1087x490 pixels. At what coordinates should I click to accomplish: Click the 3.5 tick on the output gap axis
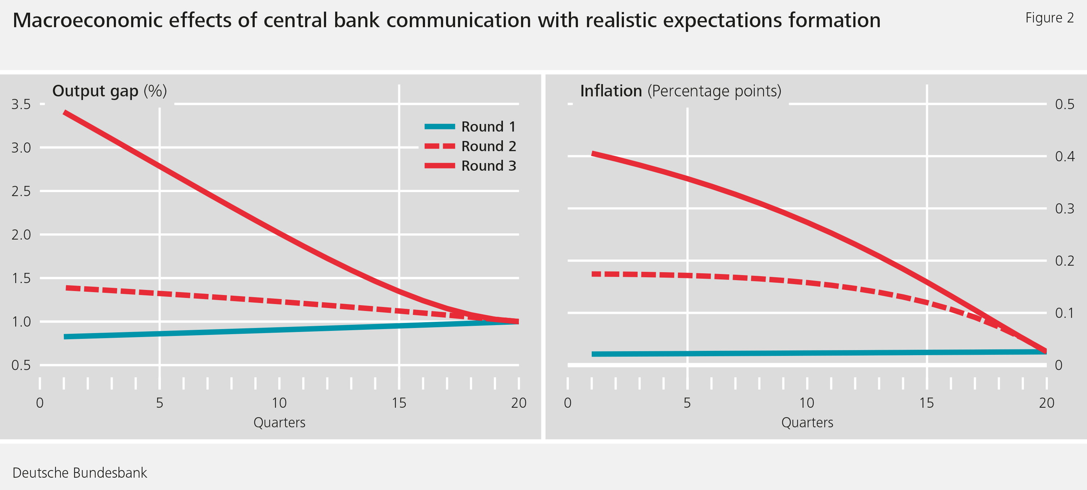tap(21, 104)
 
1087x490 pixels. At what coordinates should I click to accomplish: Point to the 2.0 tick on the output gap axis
tap(21, 234)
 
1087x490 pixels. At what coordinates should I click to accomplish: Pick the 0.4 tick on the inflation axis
tap(1065, 157)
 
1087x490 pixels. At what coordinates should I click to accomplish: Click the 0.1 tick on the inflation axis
tap(1065, 313)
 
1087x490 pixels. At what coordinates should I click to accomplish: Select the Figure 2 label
tap(1049, 18)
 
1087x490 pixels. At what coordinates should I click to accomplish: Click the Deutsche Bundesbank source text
tap(80, 473)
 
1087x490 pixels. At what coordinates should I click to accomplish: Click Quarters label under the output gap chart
tap(279, 423)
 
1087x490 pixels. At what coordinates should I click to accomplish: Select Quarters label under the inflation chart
tap(807, 423)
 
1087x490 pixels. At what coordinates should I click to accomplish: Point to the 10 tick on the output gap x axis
tap(279, 403)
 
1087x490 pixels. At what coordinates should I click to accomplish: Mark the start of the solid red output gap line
tap(64, 113)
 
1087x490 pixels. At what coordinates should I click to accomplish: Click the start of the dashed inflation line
tap(592, 274)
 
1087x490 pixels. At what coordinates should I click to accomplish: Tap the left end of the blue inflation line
tap(592, 354)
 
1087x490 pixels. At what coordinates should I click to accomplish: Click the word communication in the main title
tap(459, 20)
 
